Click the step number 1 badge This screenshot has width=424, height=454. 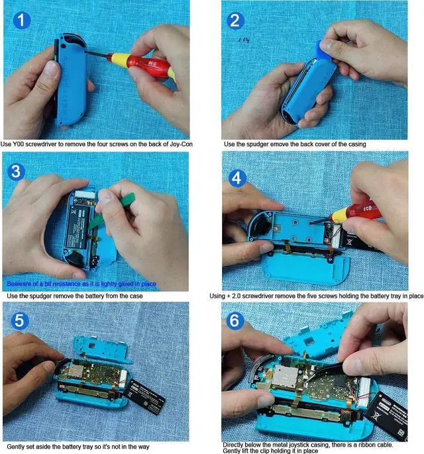[x=22, y=21]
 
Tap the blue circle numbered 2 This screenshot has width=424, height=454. [x=235, y=21]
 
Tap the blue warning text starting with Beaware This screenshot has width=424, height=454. [x=80, y=284]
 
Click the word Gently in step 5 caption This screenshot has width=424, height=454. [x=15, y=442]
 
